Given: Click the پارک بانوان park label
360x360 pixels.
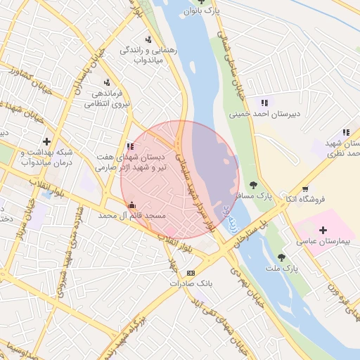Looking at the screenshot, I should pyautogui.click(x=201, y=11).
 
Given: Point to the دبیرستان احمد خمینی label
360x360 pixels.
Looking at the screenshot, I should pyautogui.click(x=264, y=113).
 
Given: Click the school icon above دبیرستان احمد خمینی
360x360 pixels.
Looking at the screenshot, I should pyautogui.click(x=264, y=103).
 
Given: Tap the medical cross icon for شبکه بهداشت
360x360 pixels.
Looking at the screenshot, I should pyautogui.click(x=47, y=141).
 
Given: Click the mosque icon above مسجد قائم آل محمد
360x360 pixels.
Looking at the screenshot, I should pyautogui.click(x=131, y=205).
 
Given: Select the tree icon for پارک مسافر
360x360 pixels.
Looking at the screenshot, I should pyautogui.click(x=253, y=185).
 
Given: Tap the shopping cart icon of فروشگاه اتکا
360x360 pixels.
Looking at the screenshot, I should pyautogui.click(x=304, y=188).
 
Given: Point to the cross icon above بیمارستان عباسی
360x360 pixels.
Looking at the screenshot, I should pyautogui.click(x=323, y=230).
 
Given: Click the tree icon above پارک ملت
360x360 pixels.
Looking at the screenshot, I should pyautogui.click(x=282, y=257).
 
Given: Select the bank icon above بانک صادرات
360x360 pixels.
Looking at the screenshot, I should pyautogui.click(x=191, y=273).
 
